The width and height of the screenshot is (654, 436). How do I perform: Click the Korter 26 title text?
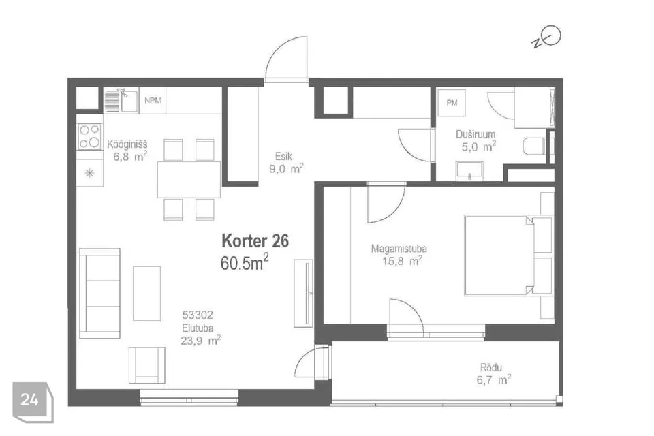(255, 240)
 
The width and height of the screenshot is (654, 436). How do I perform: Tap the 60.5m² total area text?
(245, 262)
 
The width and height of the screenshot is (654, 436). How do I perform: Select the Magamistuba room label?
(399, 249)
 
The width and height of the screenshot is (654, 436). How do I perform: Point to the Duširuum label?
(476, 134)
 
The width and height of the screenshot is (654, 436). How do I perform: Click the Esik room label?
(283, 157)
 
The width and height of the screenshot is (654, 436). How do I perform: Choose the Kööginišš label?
(127, 144)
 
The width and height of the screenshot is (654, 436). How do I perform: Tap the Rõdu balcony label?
(491, 368)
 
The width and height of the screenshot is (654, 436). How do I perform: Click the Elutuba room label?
(198, 328)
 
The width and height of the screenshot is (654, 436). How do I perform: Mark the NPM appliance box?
(153, 101)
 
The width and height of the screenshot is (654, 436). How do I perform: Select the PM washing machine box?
(452, 103)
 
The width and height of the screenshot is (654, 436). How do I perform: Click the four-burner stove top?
(90, 136)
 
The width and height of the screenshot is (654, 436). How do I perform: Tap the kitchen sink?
(121, 101)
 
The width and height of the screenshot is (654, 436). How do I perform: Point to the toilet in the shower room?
(534, 146)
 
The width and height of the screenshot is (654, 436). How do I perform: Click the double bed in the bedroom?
(508, 255)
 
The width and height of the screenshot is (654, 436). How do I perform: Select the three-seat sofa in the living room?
(99, 293)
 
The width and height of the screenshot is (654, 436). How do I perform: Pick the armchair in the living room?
(147, 365)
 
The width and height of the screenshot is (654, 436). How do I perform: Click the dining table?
(189, 179)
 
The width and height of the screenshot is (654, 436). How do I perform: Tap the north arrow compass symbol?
(546, 37)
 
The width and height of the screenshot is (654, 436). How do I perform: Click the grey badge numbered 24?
(33, 402)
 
